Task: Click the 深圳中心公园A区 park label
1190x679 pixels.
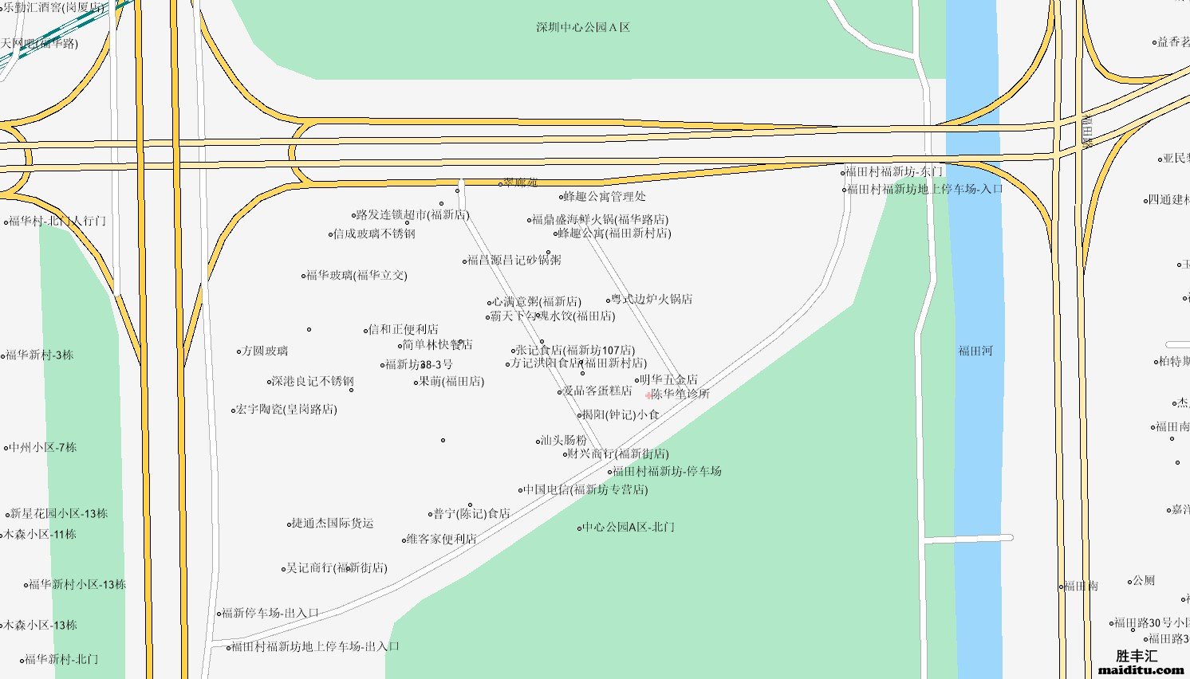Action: click(x=583, y=27)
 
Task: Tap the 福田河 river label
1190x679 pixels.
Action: click(x=975, y=351)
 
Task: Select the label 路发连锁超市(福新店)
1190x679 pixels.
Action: click(x=412, y=214)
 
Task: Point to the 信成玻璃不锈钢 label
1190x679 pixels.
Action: click(x=374, y=234)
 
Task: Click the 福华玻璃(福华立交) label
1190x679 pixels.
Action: click(x=357, y=275)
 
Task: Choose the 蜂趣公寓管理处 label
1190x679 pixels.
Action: click(x=605, y=196)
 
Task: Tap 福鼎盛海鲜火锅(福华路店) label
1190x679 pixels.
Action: click(x=600, y=219)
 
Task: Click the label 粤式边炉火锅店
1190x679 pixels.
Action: click(x=652, y=299)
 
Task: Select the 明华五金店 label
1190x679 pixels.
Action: click(x=668, y=379)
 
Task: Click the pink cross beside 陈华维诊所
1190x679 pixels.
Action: click(x=648, y=394)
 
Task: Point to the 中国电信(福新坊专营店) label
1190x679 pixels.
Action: click(x=585, y=489)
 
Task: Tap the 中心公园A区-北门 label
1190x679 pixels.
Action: click(x=628, y=527)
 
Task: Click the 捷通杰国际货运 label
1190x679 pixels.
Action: click(x=332, y=523)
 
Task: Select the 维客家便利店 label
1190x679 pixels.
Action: click(x=441, y=539)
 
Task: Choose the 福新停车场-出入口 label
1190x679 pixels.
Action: click(x=270, y=613)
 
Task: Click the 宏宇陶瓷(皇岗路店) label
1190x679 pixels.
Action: click(x=286, y=409)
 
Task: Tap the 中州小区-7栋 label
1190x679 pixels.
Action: click(x=43, y=447)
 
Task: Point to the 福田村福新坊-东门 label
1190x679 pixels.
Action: click(x=894, y=171)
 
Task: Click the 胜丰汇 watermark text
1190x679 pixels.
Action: click(x=1137, y=656)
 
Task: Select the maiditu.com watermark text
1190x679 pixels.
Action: click(x=1141, y=670)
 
